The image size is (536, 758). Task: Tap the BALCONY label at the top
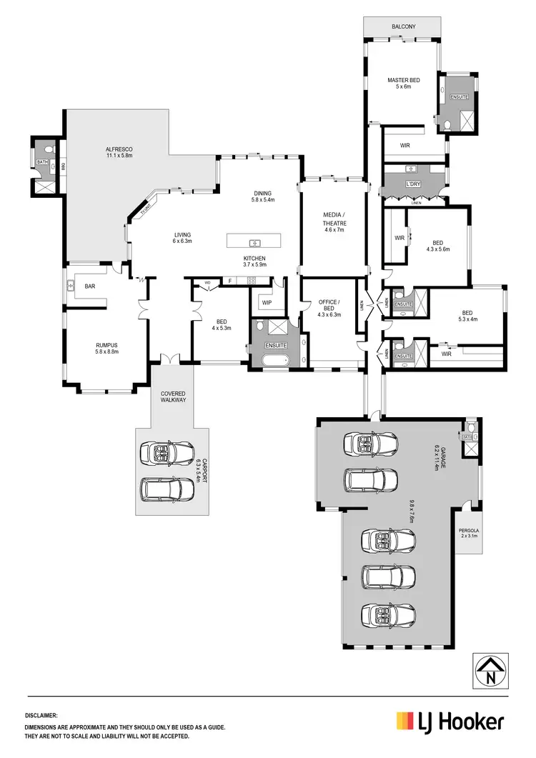pyautogui.click(x=403, y=26)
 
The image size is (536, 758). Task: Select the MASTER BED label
pyautogui.click(x=402, y=80)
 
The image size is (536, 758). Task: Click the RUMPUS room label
pyautogui.click(x=106, y=345)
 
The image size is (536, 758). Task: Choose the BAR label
pyautogui.click(x=90, y=286)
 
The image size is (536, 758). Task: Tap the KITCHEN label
pyautogui.click(x=254, y=258)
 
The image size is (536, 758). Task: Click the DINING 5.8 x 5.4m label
pyautogui.click(x=263, y=195)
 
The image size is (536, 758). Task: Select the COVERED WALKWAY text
pyautogui.click(x=173, y=396)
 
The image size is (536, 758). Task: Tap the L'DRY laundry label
pyautogui.click(x=412, y=184)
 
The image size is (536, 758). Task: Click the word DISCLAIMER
pyautogui.click(x=41, y=714)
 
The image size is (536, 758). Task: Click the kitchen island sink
pyautogui.click(x=254, y=241)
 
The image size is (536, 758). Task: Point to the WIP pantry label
pyautogui.click(x=267, y=302)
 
